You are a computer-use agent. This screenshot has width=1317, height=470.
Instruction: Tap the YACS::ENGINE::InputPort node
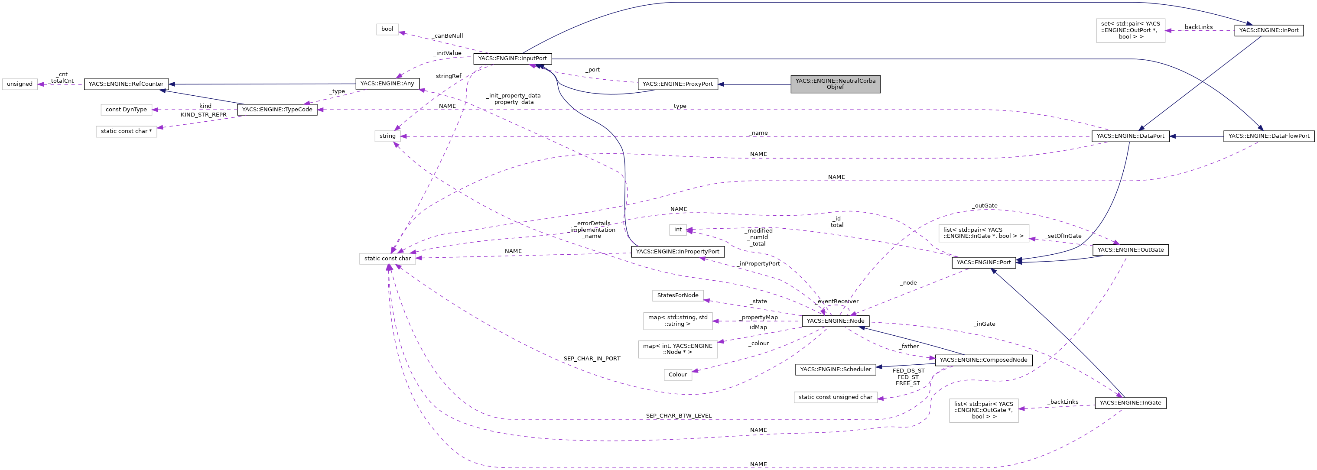click(512, 59)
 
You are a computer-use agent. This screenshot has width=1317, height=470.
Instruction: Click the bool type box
click(387, 29)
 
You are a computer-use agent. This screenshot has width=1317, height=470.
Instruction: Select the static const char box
click(387, 259)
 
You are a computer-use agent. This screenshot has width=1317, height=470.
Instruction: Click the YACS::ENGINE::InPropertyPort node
click(677, 251)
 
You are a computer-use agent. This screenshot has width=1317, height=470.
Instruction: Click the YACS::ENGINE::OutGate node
click(1130, 250)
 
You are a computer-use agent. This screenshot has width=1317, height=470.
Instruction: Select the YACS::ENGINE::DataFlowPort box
click(1268, 136)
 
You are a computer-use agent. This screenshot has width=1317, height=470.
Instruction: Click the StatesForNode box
click(677, 296)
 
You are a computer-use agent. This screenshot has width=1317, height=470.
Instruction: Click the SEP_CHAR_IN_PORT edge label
click(592, 359)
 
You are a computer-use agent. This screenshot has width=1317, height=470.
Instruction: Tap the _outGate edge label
click(984, 206)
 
